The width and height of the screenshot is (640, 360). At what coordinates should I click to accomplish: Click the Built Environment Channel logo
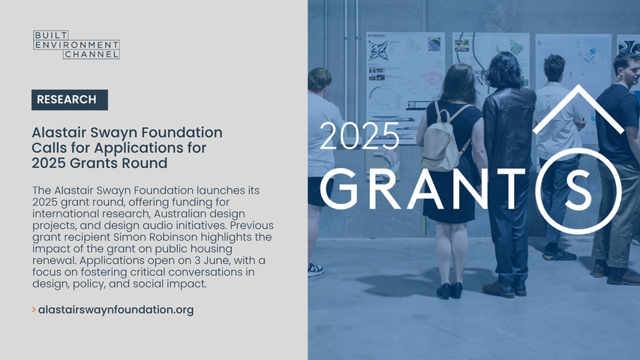pyautogui.click(x=77, y=44)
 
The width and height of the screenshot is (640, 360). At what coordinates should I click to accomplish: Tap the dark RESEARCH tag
pyautogui.click(x=70, y=100)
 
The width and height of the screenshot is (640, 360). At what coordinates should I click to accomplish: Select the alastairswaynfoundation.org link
pyautogui.click(x=116, y=310)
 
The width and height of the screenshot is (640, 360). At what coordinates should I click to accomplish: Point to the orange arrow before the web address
pyautogui.click(x=34, y=310)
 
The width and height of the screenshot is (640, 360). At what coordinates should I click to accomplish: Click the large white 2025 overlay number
pyautogui.click(x=359, y=136)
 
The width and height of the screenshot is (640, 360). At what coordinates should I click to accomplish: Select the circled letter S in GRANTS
pyautogui.click(x=578, y=190)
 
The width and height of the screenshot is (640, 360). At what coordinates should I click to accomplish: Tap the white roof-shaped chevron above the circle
pyautogui.click(x=578, y=109)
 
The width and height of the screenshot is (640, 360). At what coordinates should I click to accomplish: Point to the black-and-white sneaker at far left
pyautogui.click(x=315, y=269)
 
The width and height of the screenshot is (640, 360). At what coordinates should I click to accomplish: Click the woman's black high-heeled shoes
pyautogui.click(x=449, y=290)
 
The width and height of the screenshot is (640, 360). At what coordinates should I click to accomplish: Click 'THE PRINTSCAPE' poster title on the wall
pyautogui.click(x=377, y=36)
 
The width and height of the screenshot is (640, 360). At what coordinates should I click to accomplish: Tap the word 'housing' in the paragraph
pyautogui.click(x=212, y=249)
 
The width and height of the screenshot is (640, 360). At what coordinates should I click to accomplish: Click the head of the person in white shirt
pyautogui.click(x=554, y=68)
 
